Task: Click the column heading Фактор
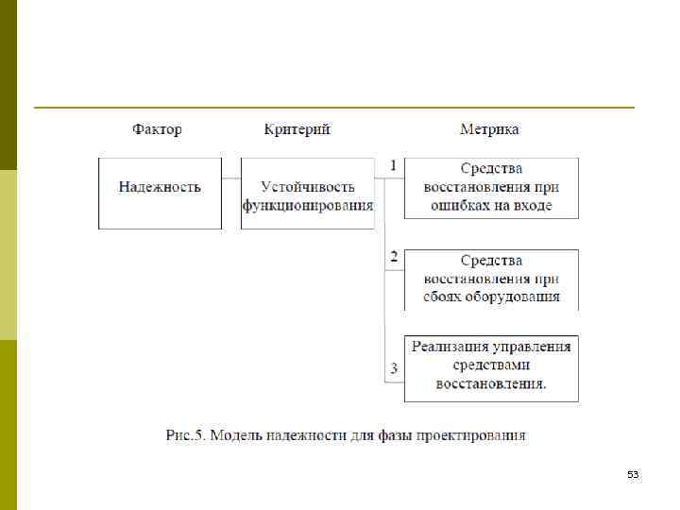[x=157, y=129]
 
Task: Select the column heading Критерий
[x=297, y=129]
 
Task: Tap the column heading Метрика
[x=488, y=129]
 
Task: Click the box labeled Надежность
[x=160, y=193]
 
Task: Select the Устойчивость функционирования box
[x=307, y=193]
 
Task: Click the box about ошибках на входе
[x=491, y=187]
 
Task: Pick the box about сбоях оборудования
[x=491, y=279]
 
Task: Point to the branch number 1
[x=393, y=164]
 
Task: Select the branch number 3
[x=394, y=367]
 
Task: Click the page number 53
[x=633, y=474]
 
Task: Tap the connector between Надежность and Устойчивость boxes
[x=231, y=178]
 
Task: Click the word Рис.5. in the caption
[x=185, y=435]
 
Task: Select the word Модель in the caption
[x=237, y=435]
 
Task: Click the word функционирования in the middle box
[x=308, y=205]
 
